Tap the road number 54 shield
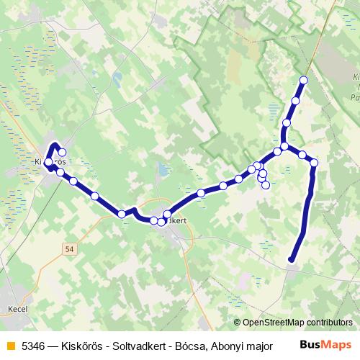pyautogui.click(x=68, y=248)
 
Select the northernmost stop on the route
pyautogui.click(x=303, y=80)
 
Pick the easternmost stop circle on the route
pyautogui.click(x=314, y=163)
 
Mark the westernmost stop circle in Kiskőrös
pyautogui.click(x=48, y=163)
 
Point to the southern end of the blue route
pyautogui.click(x=291, y=259)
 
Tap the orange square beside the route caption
pyautogui.click(x=9, y=346)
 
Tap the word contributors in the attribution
pyautogui.click(x=329, y=323)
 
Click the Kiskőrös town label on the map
pyautogui.click(x=50, y=162)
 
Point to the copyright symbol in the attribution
pyautogui.click(x=238, y=323)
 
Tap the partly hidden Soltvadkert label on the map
pyautogui.click(x=176, y=221)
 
